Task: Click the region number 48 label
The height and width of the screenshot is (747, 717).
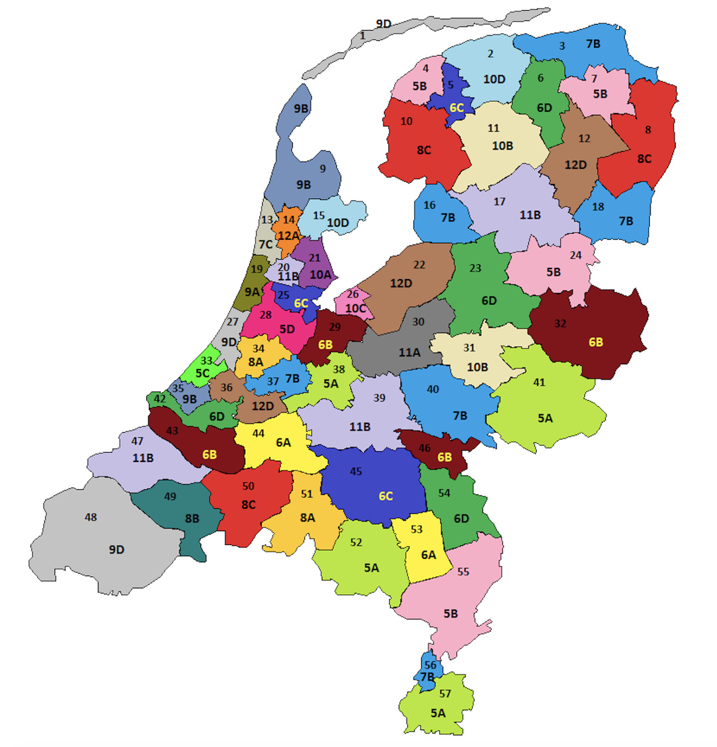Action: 91,517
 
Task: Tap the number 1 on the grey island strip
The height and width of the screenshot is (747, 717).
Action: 363,35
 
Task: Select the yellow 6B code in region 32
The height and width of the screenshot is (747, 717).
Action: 596,342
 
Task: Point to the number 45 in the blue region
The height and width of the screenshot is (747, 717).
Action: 356,471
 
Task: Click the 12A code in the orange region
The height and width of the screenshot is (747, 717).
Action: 289,235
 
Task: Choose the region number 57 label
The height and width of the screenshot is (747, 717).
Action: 445,694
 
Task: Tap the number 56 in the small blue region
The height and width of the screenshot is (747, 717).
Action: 430,665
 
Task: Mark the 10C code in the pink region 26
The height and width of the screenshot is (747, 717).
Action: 356,308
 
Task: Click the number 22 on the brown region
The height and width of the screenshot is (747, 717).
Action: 419,265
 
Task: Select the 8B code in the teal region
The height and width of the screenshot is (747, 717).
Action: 191,518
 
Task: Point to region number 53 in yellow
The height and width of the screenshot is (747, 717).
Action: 417,529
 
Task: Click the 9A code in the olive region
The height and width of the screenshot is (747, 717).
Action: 253,291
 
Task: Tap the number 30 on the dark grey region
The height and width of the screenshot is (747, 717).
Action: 418,321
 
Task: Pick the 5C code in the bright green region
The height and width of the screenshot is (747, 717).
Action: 202,373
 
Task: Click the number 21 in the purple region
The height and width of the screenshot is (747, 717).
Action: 315,258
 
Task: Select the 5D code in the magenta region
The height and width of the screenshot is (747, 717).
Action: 286,328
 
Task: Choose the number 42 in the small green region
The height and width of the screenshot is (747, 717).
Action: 159,399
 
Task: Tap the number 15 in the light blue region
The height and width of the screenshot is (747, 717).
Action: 319,215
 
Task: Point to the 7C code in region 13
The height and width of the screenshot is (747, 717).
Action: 266,244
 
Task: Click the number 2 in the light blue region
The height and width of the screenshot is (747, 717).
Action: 491,54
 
